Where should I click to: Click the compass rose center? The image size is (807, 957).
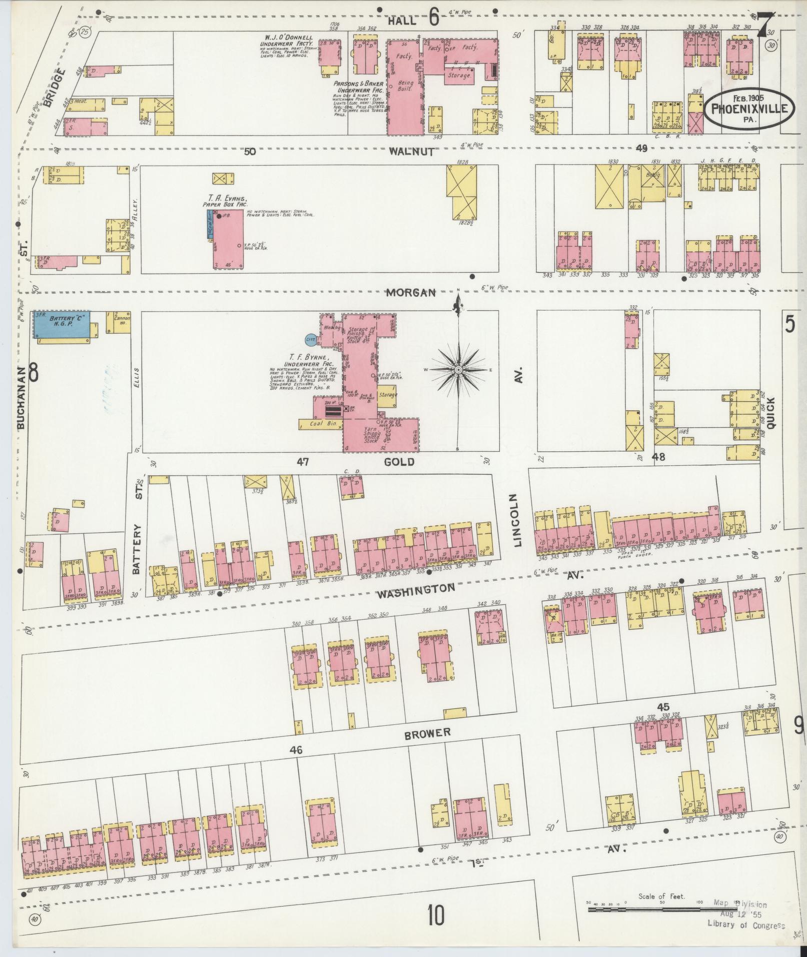(x=458, y=370)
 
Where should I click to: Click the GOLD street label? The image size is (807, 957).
(x=399, y=462)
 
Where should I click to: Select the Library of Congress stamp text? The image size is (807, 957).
(x=745, y=925)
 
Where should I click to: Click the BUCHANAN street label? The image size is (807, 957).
(x=20, y=396)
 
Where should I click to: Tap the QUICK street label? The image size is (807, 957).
(x=770, y=412)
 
